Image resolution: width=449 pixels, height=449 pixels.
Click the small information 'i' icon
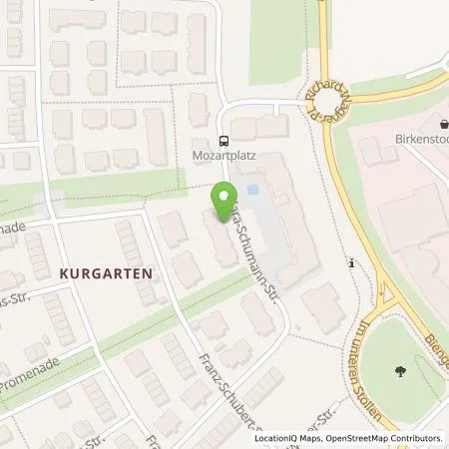click(x=351, y=262)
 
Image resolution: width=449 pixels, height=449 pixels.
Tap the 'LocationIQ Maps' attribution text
click(x=287, y=437)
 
